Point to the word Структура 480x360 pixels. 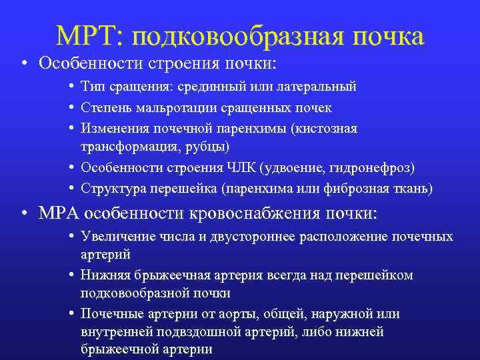pyautogui.click(x=109, y=189)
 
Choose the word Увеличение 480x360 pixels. pyautogui.click(x=113, y=237)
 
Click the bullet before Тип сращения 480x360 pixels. pyautogui.click(x=71, y=87)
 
